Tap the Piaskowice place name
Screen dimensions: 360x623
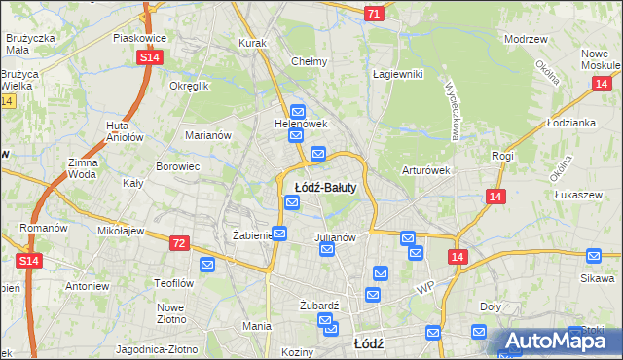(140, 38)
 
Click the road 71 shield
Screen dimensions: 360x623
(375, 14)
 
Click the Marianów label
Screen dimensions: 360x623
(208, 135)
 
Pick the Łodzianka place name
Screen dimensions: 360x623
(570, 124)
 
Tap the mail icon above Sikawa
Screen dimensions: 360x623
(595, 256)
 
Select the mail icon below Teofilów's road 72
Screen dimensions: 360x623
(207, 264)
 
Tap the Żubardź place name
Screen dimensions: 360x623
(319, 305)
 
